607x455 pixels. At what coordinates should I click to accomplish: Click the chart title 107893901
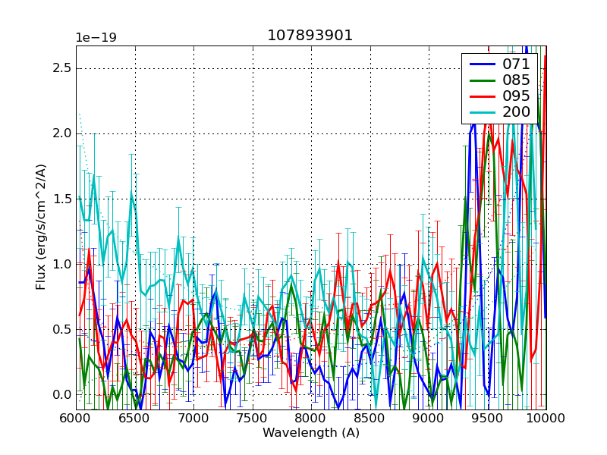click(x=310, y=36)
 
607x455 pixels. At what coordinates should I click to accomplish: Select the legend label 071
click(x=516, y=64)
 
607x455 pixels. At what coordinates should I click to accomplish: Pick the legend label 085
click(x=516, y=80)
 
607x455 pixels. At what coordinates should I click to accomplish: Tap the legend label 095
click(x=516, y=96)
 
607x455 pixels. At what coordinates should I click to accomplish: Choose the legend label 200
click(x=516, y=112)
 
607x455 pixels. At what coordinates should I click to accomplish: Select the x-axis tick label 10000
click(x=546, y=419)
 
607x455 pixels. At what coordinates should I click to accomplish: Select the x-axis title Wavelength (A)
click(x=310, y=433)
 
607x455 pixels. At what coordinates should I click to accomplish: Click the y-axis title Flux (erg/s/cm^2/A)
click(x=41, y=227)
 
